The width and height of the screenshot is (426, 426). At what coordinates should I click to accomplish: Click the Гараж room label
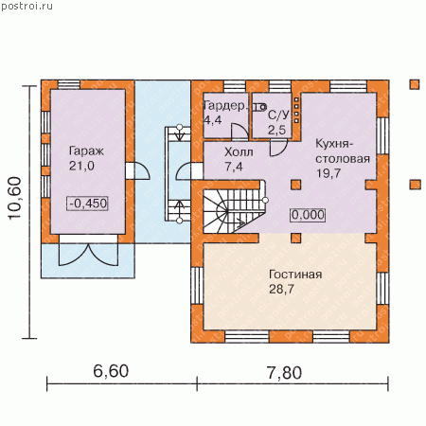click(86, 151)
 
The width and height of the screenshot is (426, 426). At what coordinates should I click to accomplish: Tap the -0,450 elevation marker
click(88, 204)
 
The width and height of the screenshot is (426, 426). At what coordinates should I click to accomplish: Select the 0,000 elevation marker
click(308, 215)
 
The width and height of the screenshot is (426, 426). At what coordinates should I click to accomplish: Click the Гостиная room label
click(295, 275)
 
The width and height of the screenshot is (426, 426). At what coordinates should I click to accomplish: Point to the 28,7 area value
click(281, 289)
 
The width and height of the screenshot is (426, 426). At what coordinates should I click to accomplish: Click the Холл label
click(239, 152)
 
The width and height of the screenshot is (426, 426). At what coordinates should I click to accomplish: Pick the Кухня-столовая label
click(343, 151)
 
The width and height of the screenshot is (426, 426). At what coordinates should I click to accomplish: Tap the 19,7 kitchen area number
click(328, 173)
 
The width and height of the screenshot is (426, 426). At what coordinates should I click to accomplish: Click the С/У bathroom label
click(278, 115)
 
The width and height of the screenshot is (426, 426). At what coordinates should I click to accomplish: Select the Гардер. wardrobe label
click(224, 106)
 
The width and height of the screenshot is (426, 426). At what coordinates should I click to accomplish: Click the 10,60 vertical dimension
click(15, 198)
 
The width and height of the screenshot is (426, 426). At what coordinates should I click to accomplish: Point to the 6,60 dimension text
click(111, 371)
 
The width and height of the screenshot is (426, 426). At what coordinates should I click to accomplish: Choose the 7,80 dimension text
click(284, 373)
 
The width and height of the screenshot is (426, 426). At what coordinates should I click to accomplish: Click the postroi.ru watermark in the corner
click(27, 6)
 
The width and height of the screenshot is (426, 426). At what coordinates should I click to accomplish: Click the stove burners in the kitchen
click(296, 110)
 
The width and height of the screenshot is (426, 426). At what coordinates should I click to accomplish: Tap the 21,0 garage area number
click(81, 166)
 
